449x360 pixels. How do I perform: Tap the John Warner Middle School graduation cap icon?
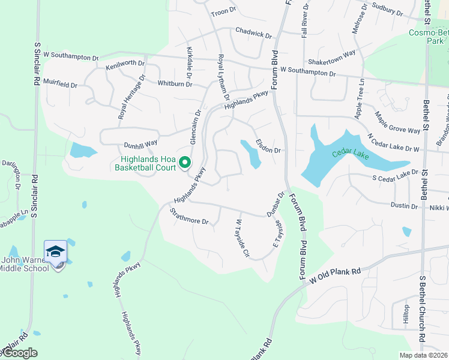point(55,251)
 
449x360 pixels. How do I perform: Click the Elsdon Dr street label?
point(268,146)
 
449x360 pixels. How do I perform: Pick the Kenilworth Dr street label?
point(125,63)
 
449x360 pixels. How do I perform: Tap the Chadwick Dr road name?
point(253,32)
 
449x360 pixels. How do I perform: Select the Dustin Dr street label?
point(404,206)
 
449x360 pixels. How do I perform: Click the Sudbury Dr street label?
point(387,10)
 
